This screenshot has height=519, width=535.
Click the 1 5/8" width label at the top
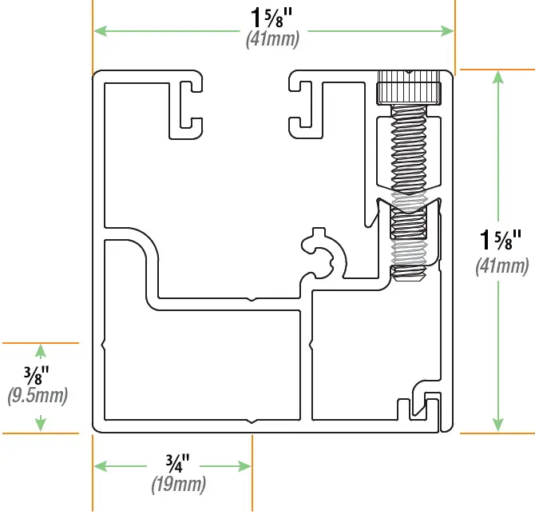(x=273, y=17)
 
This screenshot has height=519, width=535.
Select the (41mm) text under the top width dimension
(x=273, y=38)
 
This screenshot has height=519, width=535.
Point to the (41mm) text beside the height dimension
(x=502, y=266)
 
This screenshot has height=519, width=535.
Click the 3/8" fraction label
(x=37, y=374)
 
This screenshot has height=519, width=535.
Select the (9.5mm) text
(x=37, y=395)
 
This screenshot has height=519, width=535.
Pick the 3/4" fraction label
(x=178, y=463)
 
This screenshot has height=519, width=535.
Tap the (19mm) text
(x=178, y=484)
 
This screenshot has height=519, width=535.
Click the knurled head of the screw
(x=409, y=87)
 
